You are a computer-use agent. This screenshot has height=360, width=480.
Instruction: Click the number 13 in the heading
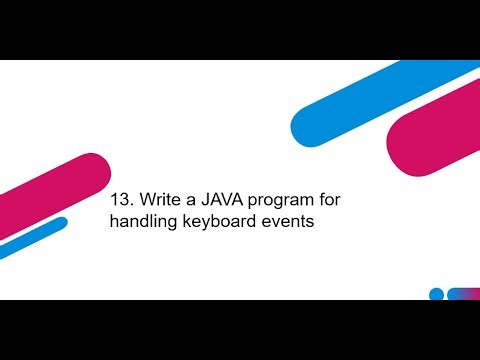click(120, 200)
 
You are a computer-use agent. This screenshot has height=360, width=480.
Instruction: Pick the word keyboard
click(219, 223)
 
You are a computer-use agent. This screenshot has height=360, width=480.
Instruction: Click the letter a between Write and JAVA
click(190, 201)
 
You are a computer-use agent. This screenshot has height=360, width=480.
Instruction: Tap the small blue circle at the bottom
click(436, 294)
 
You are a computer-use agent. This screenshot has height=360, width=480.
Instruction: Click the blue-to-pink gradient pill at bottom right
click(463, 294)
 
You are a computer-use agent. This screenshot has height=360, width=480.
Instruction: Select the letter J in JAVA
click(206, 200)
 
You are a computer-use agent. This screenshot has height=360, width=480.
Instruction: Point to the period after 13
click(130, 205)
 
